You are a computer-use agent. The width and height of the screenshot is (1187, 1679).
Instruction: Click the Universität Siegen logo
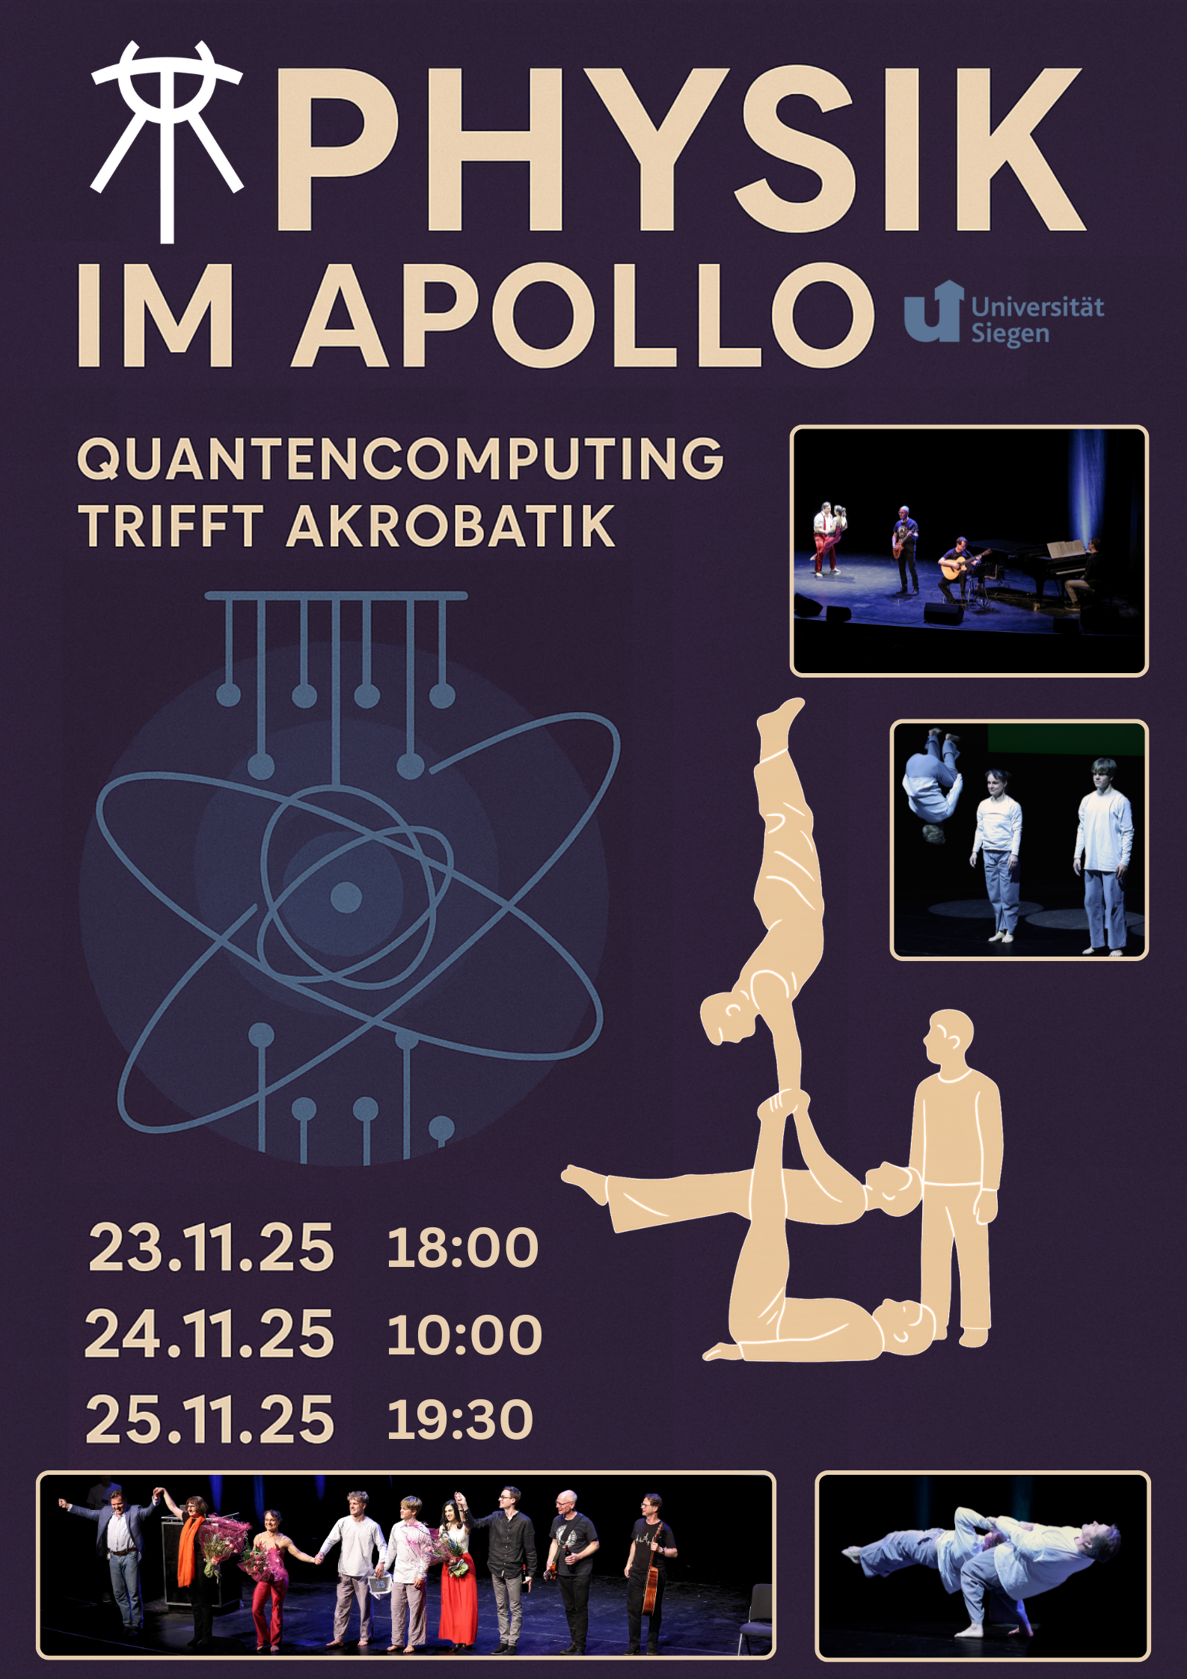(1004, 313)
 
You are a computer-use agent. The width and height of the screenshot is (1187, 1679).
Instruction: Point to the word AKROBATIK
(450, 526)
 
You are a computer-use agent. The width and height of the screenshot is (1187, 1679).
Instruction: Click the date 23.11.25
(211, 1247)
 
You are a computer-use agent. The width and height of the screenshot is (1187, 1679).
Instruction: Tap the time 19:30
(460, 1419)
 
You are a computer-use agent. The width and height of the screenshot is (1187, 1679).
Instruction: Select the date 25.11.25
(209, 1419)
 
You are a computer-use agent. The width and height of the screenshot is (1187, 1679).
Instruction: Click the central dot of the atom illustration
(346, 897)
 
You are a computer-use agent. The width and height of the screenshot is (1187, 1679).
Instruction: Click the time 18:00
(462, 1247)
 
